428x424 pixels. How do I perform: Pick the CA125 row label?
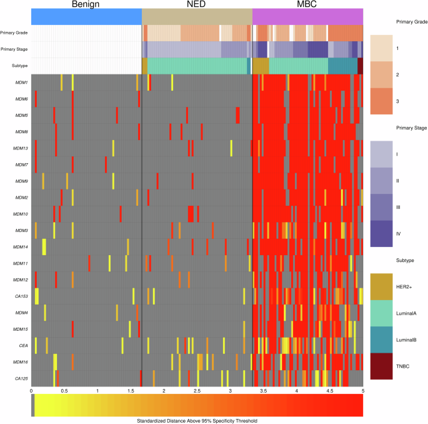click(20, 378)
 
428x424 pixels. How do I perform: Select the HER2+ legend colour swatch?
click(384, 286)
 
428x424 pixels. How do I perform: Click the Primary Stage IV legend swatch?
click(384, 233)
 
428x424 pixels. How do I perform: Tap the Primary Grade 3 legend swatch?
click(384, 102)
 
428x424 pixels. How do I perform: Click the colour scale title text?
click(197, 420)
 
